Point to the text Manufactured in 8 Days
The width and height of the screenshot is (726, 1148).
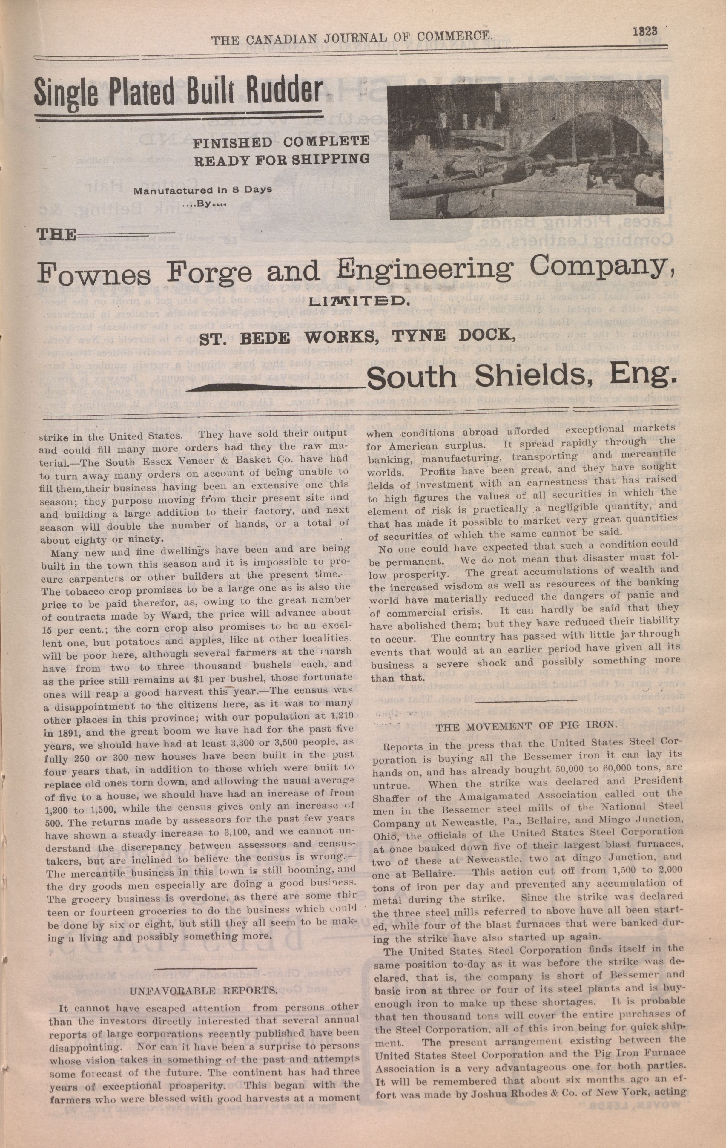(202, 190)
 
